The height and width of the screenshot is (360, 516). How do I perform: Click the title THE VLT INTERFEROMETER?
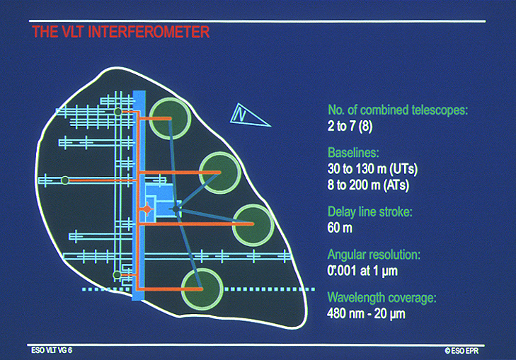pos(120,33)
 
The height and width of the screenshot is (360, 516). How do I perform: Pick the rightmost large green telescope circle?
pos(253,223)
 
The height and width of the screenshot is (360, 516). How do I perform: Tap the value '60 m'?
pos(340,228)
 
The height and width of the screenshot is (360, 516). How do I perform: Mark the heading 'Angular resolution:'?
pos(374,253)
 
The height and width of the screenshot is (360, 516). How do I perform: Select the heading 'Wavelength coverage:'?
pos(379,296)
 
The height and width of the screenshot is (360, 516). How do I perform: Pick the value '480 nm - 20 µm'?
pos(369,313)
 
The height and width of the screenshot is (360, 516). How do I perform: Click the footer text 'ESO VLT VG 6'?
pos(52,350)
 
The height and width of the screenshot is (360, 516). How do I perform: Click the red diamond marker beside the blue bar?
pos(147,210)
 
